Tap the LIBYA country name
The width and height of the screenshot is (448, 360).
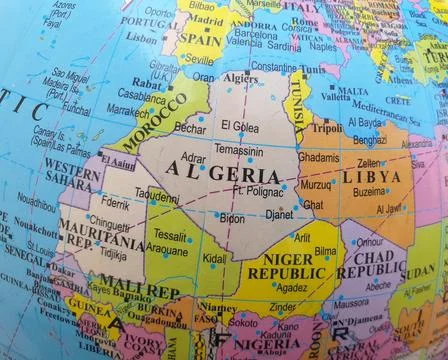(372, 176)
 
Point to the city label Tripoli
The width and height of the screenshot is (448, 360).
(326, 128)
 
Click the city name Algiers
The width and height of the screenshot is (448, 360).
(239, 77)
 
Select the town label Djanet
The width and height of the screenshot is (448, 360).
(279, 214)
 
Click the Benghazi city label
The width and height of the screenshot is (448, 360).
(370, 140)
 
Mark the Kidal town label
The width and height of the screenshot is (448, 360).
(215, 258)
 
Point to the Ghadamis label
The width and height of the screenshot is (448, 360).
(319, 157)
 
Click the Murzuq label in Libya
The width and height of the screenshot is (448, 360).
(317, 184)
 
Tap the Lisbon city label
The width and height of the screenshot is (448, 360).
(143, 37)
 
